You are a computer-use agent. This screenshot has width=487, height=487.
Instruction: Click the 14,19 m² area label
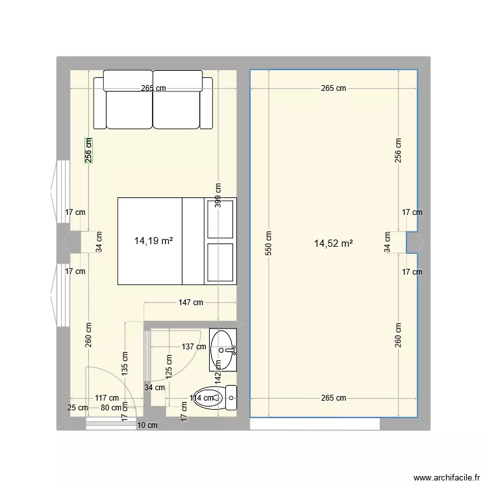(x=153, y=241)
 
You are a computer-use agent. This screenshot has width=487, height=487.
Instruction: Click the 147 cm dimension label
(x=190, y=303)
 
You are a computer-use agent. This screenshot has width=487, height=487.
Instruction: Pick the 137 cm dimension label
(x=193, y=346)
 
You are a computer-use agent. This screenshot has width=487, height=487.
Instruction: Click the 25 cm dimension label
(x=78, y=408)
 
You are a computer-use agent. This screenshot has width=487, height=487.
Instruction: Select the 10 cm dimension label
(x=147, y=426)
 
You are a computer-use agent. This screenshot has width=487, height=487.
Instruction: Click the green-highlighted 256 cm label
(x=88, y=150)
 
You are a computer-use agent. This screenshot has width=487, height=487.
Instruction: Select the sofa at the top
(x=153, y=100)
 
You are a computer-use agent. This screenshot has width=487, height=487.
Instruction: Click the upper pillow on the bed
(x=219, y=219)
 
